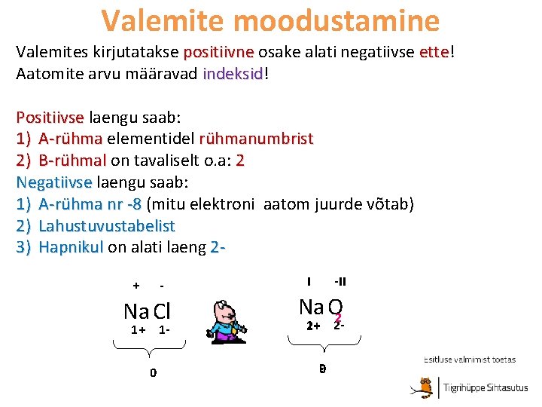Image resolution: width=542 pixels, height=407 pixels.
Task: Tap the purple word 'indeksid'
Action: tap(233, 74)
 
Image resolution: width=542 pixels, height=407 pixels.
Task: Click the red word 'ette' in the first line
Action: tap(434, 53)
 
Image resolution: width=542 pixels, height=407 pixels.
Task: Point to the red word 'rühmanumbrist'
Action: tap(256, 139)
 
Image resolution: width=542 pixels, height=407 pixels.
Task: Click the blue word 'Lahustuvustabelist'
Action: tap(107, 225)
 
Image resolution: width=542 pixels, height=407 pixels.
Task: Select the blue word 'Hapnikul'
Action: tap(71, 247)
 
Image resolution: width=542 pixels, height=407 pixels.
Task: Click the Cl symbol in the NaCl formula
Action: tap(163, 311)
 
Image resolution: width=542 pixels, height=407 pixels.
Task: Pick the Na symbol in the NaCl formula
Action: tap(136, 311)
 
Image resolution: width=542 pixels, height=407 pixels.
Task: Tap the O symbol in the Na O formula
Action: tap(336, 307)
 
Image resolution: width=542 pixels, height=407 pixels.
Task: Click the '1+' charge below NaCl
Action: tap(139, 329)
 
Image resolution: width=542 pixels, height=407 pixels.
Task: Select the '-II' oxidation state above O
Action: tap(340, 282)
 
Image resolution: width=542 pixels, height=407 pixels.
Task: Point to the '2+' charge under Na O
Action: tap(313, 326)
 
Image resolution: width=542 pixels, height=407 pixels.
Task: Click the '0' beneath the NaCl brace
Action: tap(153, 372)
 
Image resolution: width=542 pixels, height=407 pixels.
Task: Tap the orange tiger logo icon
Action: tap(426, 387)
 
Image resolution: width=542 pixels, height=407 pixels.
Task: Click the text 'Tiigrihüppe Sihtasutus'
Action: tap(485, 387)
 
